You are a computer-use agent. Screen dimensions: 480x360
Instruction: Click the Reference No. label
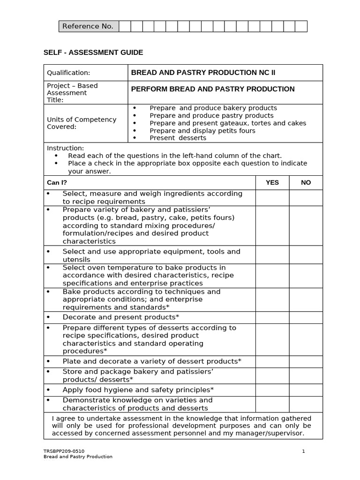pyautogui.click(x=88, y=26)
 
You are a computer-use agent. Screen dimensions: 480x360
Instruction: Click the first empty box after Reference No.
pyautogui.click(x=125, y=26)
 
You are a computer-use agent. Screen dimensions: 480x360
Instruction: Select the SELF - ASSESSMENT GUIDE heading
pyautogui.click(x=93, y=52)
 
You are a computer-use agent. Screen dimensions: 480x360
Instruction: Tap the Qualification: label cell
pyautogui.click(x=68, y=73)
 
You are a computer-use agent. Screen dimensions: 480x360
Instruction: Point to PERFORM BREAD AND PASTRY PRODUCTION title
pyautogui.click(x=212, y=89)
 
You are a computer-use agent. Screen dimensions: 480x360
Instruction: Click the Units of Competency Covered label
pyautogui.click(x=82, y=123)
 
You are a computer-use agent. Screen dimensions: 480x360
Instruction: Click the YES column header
pyautogui.click(x=272, y=182)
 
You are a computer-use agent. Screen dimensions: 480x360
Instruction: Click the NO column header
pyautogui.click(x=306, y=182)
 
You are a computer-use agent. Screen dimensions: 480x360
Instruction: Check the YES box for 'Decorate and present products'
pyautogui.click(x=272, y=317)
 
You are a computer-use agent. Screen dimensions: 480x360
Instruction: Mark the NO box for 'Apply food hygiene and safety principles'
pyautogui.click(x=306, y=390)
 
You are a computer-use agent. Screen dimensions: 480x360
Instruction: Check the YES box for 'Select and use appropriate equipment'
pyautogui.click(x=272, y=255)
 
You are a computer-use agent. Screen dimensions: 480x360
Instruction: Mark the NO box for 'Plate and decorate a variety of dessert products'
pyautogui.click(x=306, y=361)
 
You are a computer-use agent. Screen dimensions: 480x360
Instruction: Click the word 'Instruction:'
pyautogui.click(x=65, y=148)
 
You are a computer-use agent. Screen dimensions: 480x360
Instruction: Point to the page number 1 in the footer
pyautogui.click(x=303, y=451)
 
